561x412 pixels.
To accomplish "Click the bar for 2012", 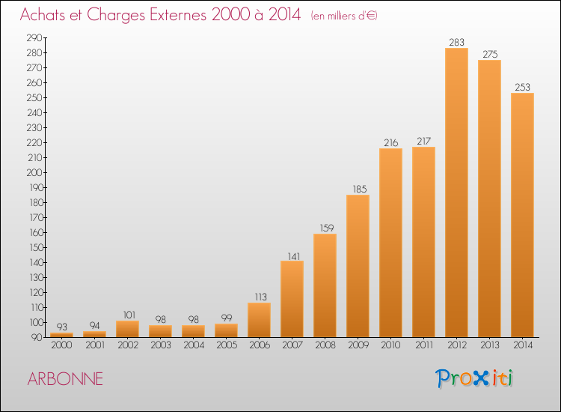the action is [x=456, y=193].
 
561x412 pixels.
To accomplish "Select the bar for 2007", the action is [x=292, y=299].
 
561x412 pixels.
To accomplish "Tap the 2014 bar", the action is [x=522, y=215].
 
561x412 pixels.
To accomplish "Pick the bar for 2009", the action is [x=358, y=266].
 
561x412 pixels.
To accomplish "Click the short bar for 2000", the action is [x=61, y=335].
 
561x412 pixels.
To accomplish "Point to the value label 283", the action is [x=456, y=42].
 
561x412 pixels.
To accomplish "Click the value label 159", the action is [x=327, y=228].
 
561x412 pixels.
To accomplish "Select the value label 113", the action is [x=261, y=297].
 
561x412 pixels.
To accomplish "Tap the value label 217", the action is [x=423, y=141].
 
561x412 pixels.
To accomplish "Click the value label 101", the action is [x=129, y=315].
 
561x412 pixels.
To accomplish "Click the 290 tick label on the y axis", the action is [x=34, y=37].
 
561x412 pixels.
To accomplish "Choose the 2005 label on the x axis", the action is [x=227, y=345].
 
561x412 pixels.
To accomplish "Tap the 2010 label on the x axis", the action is [x=390, y=345].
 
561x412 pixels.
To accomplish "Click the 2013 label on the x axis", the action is [x=489, y=345].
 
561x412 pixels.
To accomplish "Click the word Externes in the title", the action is [x=178, y=15].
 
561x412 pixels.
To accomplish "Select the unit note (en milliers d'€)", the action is [x=344, y=16].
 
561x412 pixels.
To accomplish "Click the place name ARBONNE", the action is [x=65, y=379].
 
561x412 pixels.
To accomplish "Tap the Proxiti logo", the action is [x=474, y=378].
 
